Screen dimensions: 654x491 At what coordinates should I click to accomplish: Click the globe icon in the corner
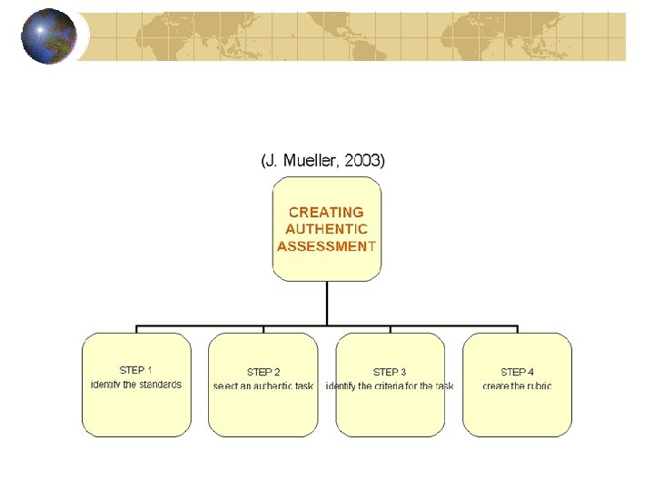pos(49,35)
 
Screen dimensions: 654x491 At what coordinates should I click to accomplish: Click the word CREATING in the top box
pos(326,212)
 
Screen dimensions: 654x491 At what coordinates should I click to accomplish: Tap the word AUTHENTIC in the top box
pos(326,229)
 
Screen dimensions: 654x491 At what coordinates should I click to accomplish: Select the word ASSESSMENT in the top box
pos(326,245)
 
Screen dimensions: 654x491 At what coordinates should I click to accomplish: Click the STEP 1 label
pos(136,370)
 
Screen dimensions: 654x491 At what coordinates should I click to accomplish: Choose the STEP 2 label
pos(263,372)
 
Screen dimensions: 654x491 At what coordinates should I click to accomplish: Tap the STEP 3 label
pos(390,372)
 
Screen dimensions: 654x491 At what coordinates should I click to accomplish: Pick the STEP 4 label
pos(517,372)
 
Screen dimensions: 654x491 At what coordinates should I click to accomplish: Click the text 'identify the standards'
pos(136,385)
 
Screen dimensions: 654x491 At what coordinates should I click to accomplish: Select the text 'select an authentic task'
pos(263,386)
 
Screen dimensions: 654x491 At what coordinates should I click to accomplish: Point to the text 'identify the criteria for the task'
pos(390,386)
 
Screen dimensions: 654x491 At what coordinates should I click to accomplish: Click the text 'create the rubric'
pos(517,386)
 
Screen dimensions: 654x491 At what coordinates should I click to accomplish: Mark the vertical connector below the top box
pos(327,302)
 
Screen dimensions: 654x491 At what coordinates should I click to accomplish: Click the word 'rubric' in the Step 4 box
pos(536,386)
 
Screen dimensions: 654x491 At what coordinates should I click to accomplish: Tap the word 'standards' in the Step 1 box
pos(160,385)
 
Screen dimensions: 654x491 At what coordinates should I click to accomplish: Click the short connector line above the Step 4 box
pos(518,328)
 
